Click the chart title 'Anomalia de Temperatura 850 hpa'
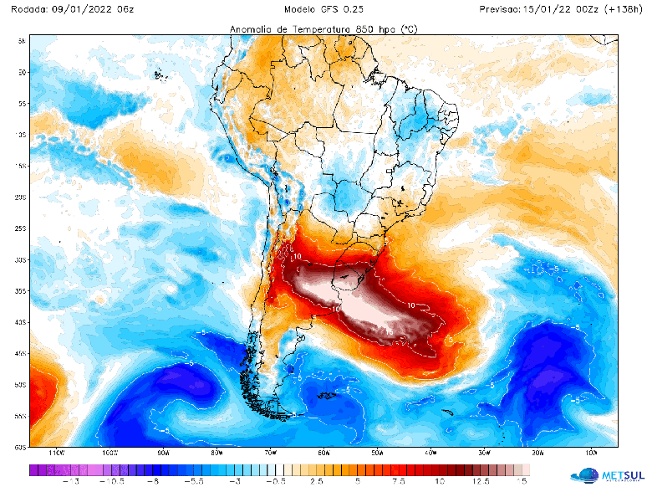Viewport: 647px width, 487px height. click(x=323, y=29)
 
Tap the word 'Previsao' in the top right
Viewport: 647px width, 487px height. click(x=501, y=9)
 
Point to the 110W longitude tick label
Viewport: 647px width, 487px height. click(x=56, y=452)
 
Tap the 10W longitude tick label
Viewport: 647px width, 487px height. click(x=591, y=452)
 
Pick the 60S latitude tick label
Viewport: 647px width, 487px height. click(x=20, y=447)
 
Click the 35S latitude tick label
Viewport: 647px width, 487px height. click(x=20, y=291)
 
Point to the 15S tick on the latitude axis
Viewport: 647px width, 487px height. click(x=20, y=166)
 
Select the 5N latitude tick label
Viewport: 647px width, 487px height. click(x=21, y=40)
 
